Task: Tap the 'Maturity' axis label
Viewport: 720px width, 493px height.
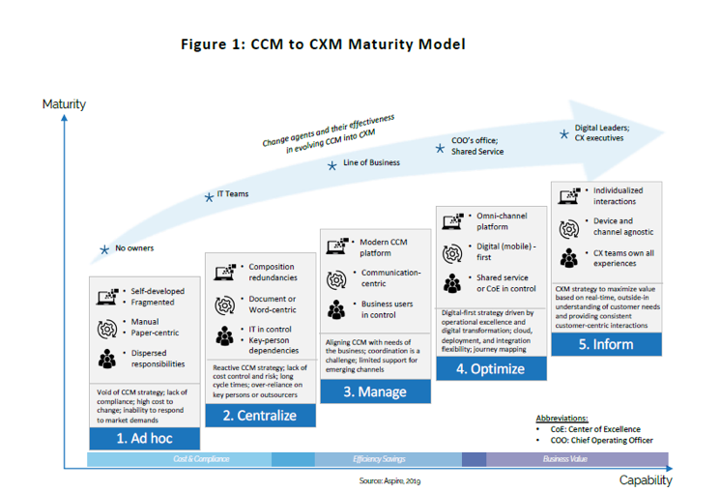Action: pos(64,103)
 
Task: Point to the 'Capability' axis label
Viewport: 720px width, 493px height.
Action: pos(645,479)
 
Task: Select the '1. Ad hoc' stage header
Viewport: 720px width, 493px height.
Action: pos(145,438)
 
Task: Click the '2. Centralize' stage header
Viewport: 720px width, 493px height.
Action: pos(260,416)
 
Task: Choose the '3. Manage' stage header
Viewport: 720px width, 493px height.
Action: pos(374,391)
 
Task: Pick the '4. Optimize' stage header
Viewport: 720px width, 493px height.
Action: pos(492,368)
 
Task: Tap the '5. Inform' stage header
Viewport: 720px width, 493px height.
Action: pos(606,344)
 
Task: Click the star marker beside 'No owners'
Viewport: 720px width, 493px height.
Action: pos(104,249)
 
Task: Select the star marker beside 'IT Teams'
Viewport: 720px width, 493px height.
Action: pos(208,197)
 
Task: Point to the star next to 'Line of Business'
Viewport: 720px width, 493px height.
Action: pos(331,165)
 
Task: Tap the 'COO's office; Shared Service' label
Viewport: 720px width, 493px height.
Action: pos(477,146)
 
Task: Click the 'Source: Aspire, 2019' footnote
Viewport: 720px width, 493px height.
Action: pos(392,480)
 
